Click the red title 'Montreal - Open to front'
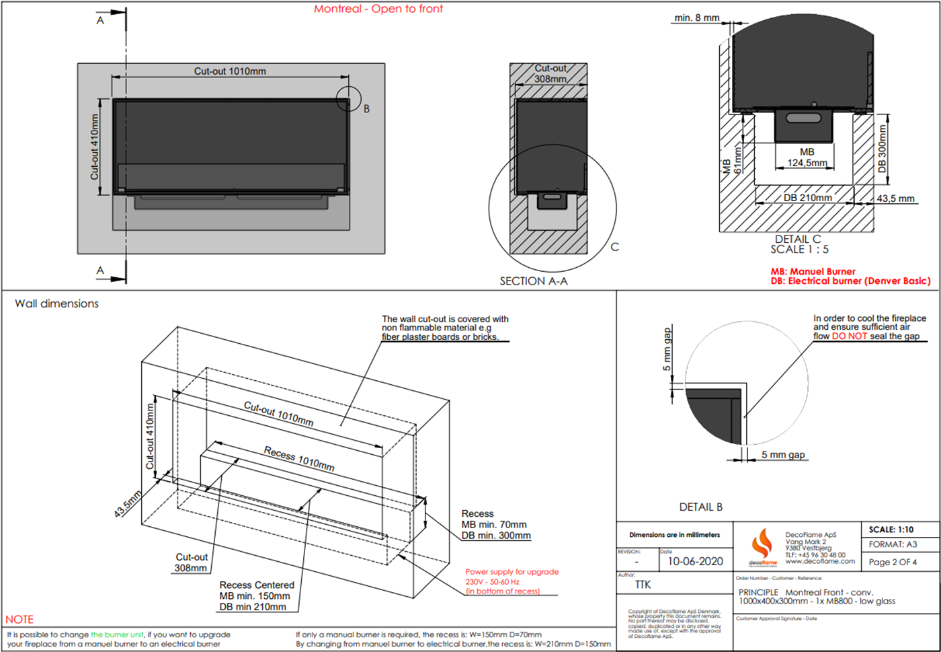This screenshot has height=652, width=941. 378,9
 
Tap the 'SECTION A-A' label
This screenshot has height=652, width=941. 533,281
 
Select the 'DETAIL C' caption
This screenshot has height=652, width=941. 798,240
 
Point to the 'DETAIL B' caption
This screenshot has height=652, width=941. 700,507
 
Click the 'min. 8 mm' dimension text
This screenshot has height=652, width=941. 697,17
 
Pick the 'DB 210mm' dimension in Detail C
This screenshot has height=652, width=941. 807,198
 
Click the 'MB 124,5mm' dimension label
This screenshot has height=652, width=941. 807,157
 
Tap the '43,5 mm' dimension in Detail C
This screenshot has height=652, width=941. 895,198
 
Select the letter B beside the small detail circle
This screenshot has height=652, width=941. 366,108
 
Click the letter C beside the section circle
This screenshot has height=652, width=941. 614,247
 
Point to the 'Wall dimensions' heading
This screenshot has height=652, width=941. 56,303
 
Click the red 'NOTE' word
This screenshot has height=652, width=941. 19,619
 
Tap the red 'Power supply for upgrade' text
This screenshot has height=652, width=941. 512,572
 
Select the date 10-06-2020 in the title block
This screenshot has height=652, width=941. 695,561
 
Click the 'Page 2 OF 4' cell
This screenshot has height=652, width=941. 893,562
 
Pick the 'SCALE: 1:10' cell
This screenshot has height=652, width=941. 891,530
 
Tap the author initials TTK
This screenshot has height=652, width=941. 643,585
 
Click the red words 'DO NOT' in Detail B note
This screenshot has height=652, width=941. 849,336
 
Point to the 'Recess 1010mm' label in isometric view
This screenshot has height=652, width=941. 299,458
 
